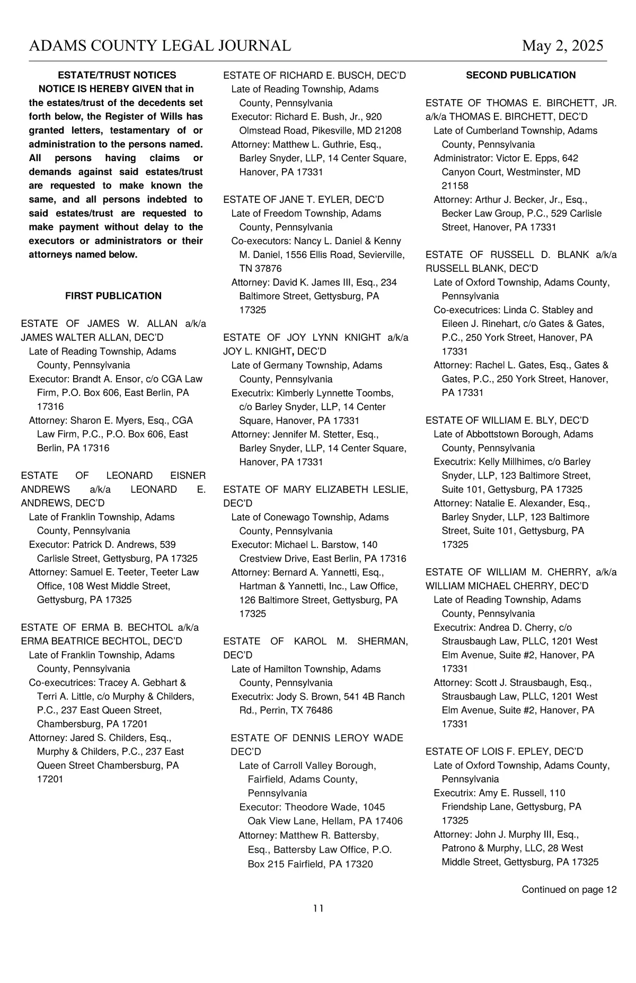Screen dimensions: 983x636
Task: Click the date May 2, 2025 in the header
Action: click(562, 46)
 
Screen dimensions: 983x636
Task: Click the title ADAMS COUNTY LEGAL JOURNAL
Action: click(160, 46)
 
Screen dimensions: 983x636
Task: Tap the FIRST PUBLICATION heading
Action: click(113, 296)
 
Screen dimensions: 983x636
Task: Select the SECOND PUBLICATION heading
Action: click(520, 75)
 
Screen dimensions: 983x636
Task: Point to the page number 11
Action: click(318, 908)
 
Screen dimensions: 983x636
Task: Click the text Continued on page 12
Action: click(569, 890)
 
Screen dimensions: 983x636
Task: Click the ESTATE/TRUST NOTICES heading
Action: click(117, 75)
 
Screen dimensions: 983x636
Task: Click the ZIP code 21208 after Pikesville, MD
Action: click(389, 130)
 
